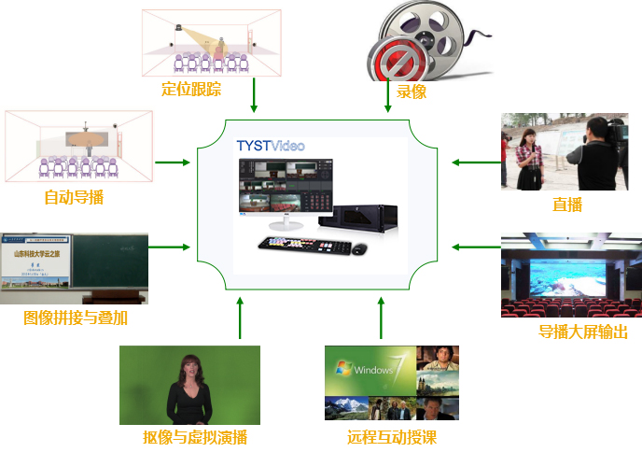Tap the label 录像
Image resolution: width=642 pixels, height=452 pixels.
pyautogui.click(x=412, y=92)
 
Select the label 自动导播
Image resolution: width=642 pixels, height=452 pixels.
pyautogui.click(x=74, y=197)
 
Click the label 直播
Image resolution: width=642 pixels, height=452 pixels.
pyautogui.click(x=567, y=205)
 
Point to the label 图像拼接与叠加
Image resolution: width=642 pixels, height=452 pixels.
pyautogui.click(x=76, y=318)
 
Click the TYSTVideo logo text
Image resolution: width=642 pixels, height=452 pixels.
pyautogui.click(x=271, y=146)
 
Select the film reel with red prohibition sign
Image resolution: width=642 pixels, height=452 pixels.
pyautogui.click(x=411, y=42)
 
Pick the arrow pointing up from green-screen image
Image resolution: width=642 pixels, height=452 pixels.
pyautogui.click(x=240, y=318)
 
